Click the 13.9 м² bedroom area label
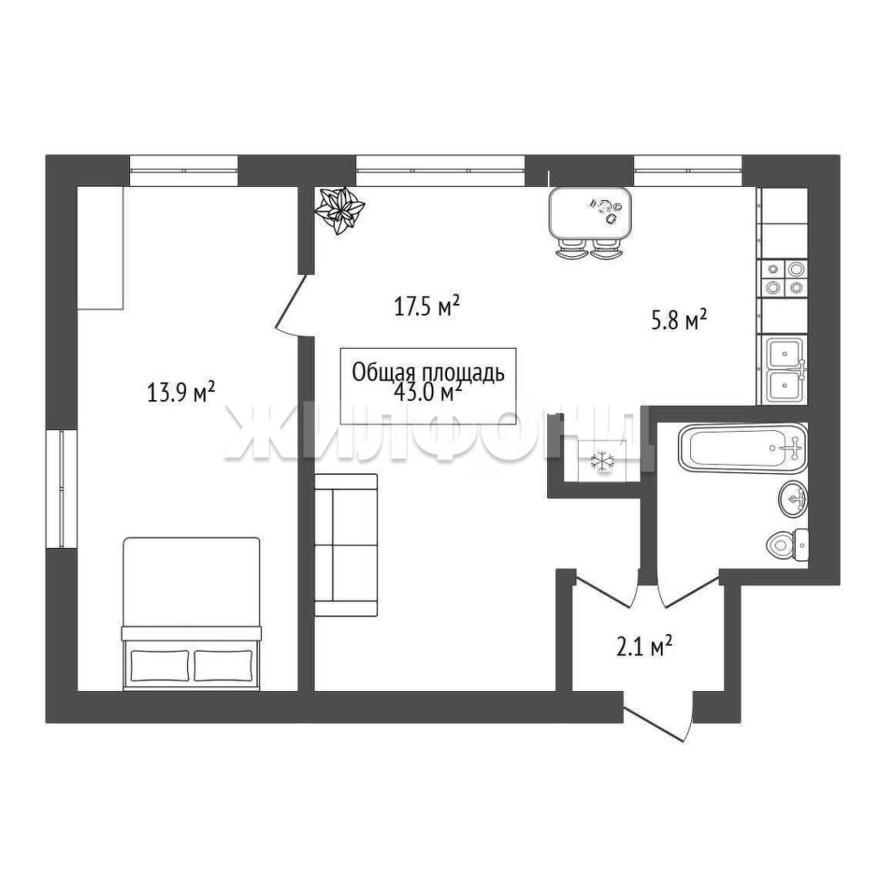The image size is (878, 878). (x=180, y=391)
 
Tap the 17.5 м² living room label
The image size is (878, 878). (x=428, y=306)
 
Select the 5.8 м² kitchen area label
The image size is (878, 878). (x=678, y=321)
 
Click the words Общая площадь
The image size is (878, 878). (x=428, y=372)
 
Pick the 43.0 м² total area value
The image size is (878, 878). (x=428, y=392)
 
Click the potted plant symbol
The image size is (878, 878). (x=340, y=211)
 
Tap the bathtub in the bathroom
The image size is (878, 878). (x=742, y=448)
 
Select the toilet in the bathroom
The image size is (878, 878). (x=788, y=544)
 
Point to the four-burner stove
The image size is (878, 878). (x=782, y=278)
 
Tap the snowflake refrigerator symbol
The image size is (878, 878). (x=602, y=462)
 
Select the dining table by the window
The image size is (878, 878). (x=590, y=213)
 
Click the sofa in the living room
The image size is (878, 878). (x=346, y=544)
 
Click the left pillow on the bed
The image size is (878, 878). (x=159, y=665)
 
